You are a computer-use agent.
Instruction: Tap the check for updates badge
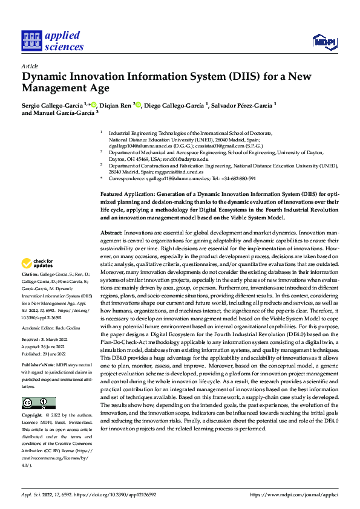coord(36,264)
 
